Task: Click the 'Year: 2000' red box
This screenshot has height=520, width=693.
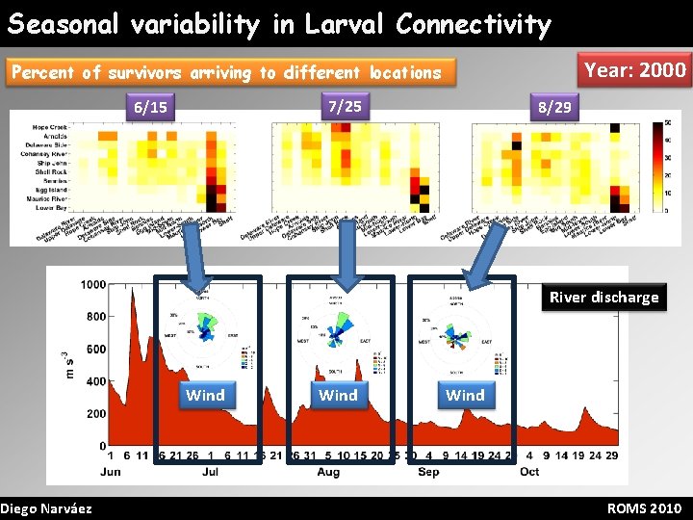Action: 635,70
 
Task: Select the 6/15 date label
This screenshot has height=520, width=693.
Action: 150,108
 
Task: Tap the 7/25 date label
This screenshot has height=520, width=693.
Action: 345,106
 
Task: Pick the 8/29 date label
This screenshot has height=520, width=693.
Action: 554,108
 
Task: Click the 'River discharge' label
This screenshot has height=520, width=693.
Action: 603,297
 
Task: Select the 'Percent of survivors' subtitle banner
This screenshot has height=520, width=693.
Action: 225,72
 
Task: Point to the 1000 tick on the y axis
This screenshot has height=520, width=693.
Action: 92,284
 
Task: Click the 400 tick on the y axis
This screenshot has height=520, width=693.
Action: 95,381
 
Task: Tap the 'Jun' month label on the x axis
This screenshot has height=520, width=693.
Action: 111,472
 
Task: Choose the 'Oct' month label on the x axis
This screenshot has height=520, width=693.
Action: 529,472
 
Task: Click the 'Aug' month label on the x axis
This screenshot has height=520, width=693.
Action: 328,472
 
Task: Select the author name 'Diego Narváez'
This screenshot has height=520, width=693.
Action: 46,508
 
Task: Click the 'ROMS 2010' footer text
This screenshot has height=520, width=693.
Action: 644,508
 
